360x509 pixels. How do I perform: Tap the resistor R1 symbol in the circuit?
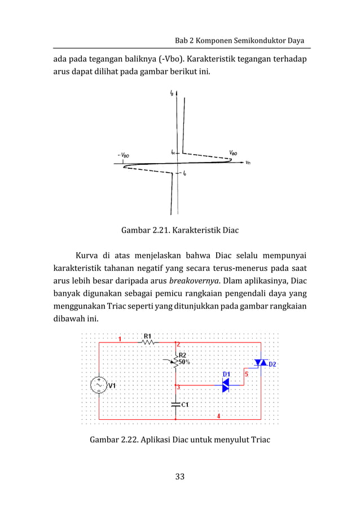(148, 342)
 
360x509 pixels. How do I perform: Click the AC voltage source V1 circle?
(99, 385)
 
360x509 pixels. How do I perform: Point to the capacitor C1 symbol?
(175, 404)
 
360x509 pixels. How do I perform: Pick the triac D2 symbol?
(260, 362)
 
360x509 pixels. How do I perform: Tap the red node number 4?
(219, 416)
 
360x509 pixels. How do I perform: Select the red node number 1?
(120, 339)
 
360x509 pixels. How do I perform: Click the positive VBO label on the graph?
(233, 152)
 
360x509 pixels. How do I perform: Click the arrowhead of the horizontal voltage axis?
(242, 163)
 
